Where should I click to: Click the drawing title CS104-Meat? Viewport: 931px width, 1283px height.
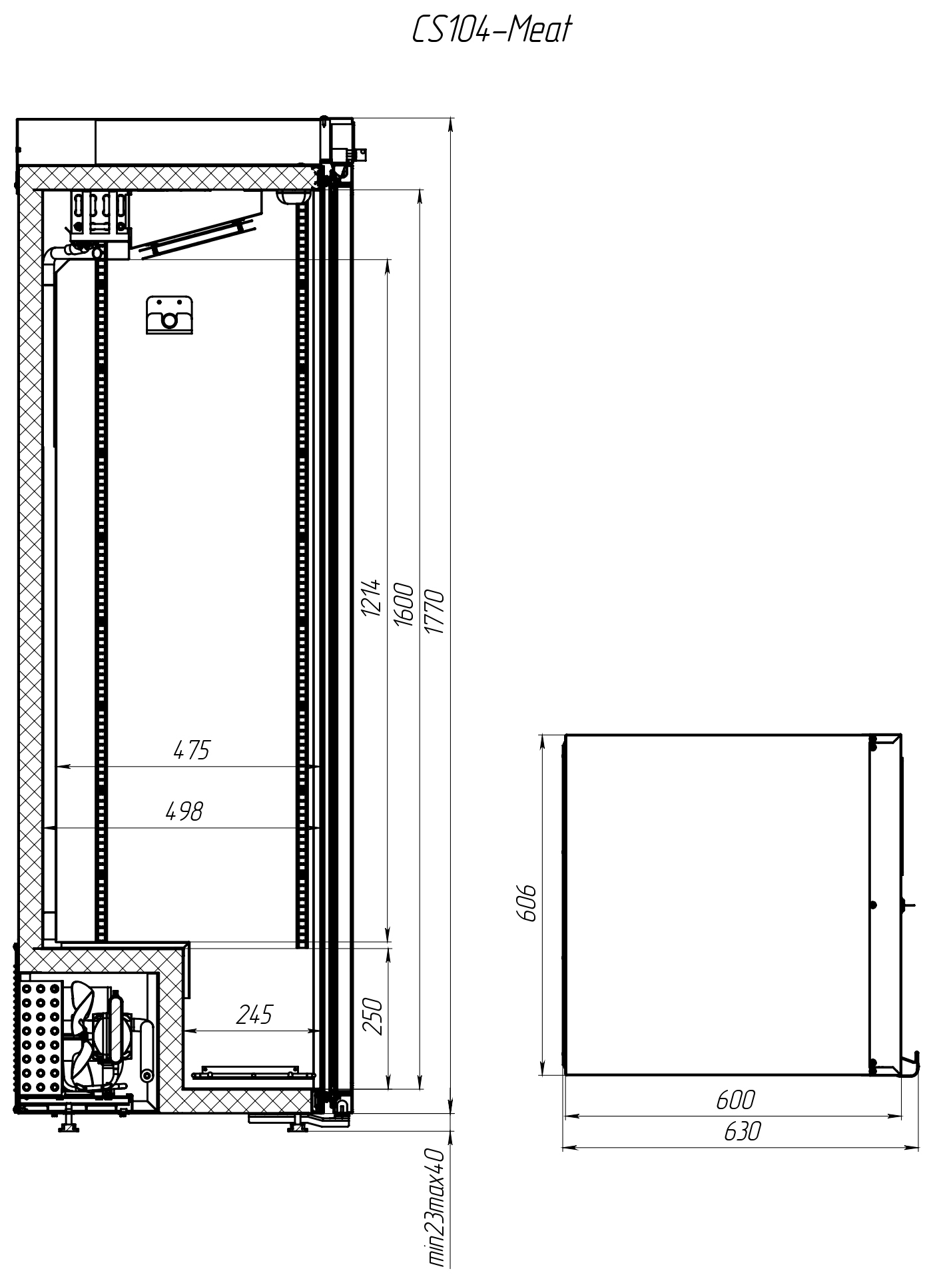point(492,30)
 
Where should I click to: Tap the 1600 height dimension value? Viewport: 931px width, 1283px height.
point(404,605)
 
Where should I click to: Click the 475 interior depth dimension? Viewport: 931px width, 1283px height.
point(191,750)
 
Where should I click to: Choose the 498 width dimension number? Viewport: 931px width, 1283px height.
point(184,811)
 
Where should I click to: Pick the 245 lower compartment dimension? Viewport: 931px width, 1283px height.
point(254,1014)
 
